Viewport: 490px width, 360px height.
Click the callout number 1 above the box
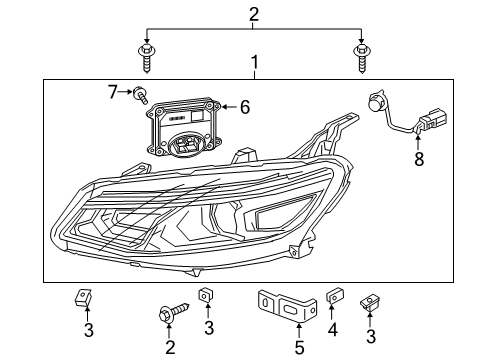coord(255,63)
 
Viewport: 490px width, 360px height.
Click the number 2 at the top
coord(254,14)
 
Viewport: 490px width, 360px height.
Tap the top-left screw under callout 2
coord(146,58)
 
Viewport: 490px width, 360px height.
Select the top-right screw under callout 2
coord(361,58)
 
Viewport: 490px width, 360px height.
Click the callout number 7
coord(113,92)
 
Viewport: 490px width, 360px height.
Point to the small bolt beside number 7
coord(140,95)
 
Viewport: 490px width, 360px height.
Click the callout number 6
coord(245,107)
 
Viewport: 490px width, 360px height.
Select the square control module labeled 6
coord(184,127)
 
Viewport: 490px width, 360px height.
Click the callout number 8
coord(419,159)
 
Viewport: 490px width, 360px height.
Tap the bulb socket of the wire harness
coord(376,103)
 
